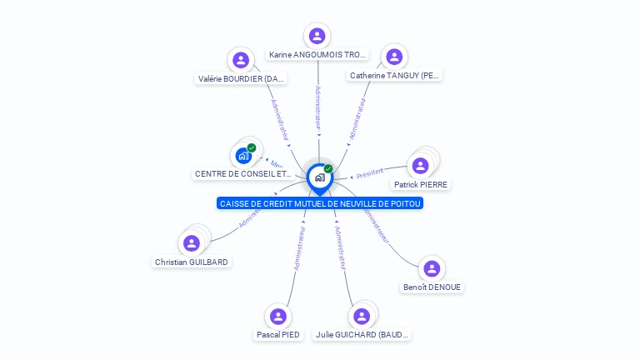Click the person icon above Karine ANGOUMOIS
tap(317, 36)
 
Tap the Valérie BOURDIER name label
tap(241, 79)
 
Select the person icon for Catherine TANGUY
tap(394, 57)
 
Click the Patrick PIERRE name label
tap(420, 184)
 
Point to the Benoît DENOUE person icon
tap(431, 268)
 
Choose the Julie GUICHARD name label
tap(362, 335)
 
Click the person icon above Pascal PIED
tap(278, 317)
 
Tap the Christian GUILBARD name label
tap(192, 262)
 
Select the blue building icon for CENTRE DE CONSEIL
tap(243, 155)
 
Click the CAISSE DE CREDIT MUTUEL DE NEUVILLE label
tap(320, 203)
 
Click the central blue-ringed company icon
tap(319, 177)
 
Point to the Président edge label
tap(370, 172)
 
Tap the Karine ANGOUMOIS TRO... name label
tap(317, 55)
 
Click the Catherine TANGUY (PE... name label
tap(394, 76)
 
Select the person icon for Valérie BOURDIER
tap(241, 60)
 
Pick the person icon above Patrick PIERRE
tap(420, 165)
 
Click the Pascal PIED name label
tap(278, 335)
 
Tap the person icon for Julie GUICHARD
tap(362, 317)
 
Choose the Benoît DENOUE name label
tap(431, 287)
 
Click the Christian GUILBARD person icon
tap(192, 243)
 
